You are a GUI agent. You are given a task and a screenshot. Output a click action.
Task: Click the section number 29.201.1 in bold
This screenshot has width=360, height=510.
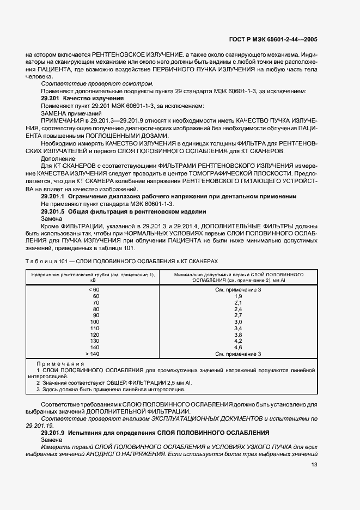coord(53,196)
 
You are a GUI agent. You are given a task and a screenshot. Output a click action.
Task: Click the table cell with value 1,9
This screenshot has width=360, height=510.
coord(237,296)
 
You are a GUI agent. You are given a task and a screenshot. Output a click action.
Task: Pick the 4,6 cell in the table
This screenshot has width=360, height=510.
coord(237,347)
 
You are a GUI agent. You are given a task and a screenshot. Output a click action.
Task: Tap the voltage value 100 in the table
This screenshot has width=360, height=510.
coord(95,321)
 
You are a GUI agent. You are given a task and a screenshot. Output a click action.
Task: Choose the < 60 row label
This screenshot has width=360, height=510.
coord(94,289)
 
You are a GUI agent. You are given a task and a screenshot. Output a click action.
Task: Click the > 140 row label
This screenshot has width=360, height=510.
coord(94,354)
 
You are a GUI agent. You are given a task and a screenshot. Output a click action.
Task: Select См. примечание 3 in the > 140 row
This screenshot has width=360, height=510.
coord(238,354)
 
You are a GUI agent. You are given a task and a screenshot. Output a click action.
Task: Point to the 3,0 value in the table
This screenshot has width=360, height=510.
coord(237,321)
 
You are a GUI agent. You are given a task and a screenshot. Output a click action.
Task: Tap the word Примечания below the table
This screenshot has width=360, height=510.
coord(57,363)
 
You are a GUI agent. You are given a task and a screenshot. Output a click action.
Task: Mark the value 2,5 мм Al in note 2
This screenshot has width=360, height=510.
coord(174,382)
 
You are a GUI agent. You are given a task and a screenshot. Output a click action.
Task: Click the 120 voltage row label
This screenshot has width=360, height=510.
coord(95,335)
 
